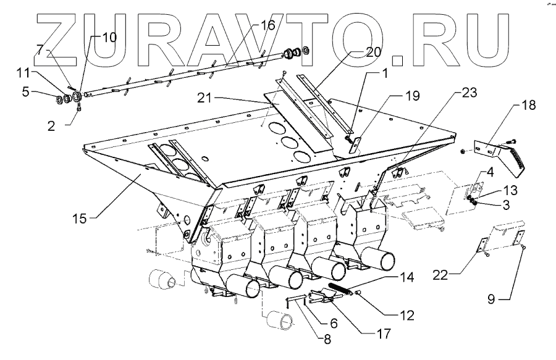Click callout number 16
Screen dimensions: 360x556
pyautogui.click(x=267, y=26)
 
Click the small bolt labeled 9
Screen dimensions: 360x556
pyautogui.click(x=524, y=246)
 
